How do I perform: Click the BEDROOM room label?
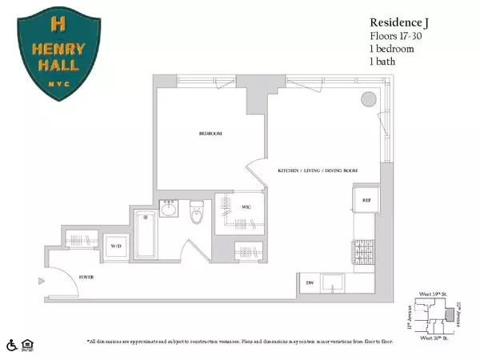coord(210,133)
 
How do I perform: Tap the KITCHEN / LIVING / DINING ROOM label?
coord(318,171)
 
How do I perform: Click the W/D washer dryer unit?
coord(116,246)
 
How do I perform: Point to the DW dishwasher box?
coord(310,282)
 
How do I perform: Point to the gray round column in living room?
coord(369,98)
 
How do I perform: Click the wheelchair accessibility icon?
coord(12,346)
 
